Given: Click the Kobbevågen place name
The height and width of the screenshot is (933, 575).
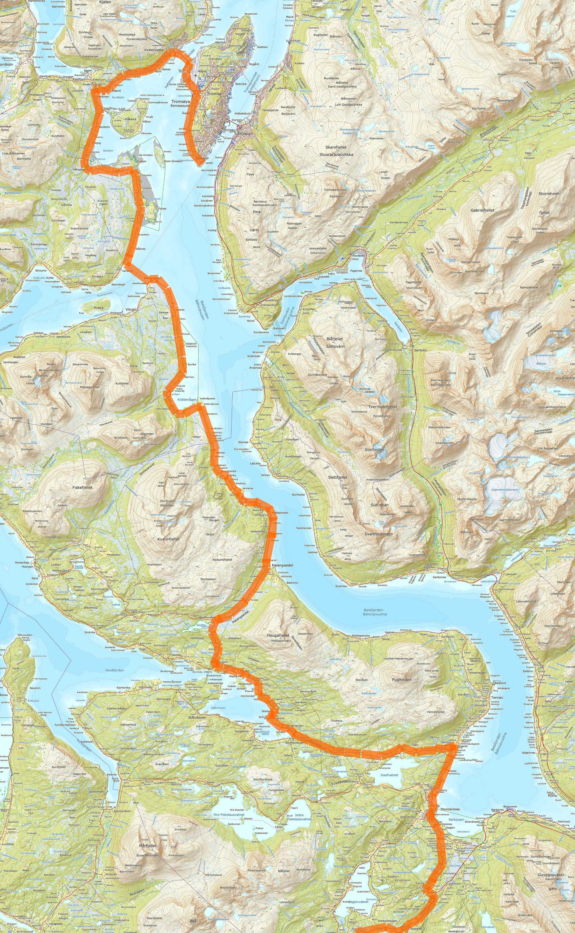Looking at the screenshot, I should pos(187,399).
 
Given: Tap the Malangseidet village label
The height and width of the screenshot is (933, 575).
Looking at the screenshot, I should pos(282,565).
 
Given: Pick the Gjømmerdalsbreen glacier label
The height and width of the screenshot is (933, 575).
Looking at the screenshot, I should pos(505,490).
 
